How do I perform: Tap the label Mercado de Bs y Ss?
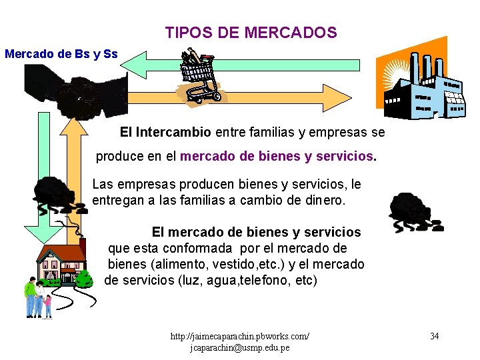61,53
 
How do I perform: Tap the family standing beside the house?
37,297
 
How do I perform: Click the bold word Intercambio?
173,132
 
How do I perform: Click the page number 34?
434,336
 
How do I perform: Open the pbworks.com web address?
240,336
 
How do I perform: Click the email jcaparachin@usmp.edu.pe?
240,348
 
